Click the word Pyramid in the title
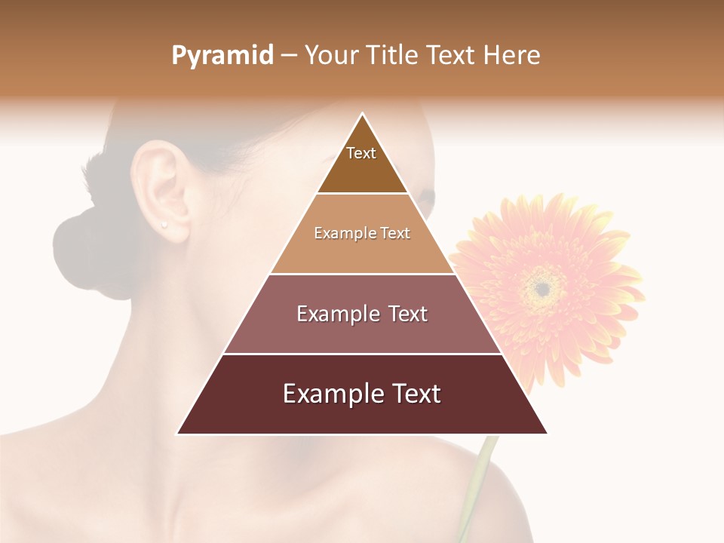[222, 56]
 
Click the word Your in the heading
[330, 56]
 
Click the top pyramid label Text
[361, 154]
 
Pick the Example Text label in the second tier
[362, 234]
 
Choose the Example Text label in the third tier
[362, 314]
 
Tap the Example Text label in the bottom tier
[362, 394]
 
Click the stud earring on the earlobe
[164, 224]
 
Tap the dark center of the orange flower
[541, 287]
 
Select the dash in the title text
[289, 57]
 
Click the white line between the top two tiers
[362, 194]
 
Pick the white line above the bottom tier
[362, 354]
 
